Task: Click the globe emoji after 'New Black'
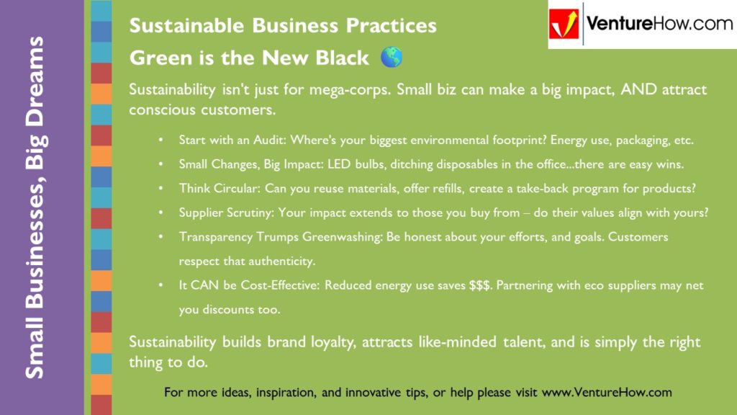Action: pos(392,58)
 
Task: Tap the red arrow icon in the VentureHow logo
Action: pos(564,24)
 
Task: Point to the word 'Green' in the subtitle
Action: pos(153,58)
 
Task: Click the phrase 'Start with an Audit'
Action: pos(225,140)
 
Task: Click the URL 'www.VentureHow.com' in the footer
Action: pos(606,393)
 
